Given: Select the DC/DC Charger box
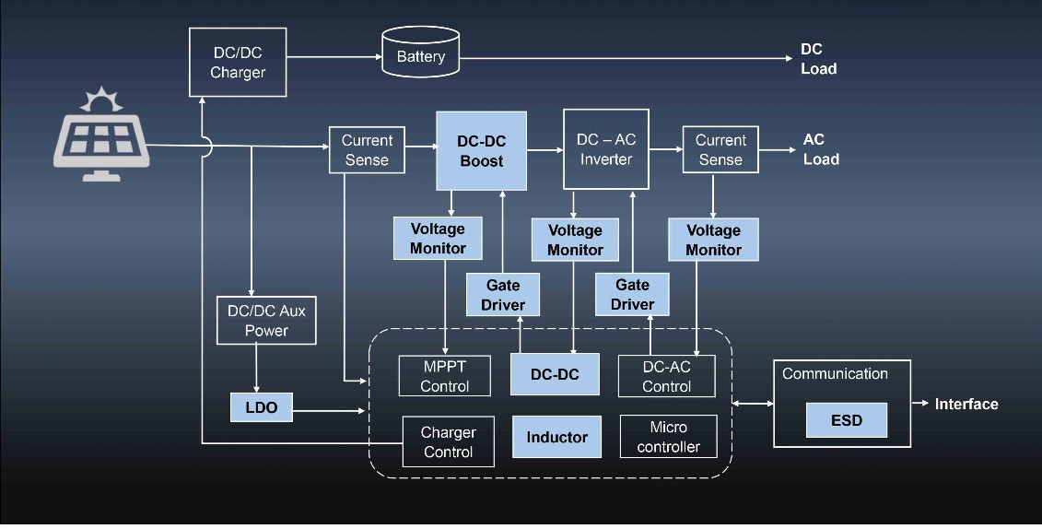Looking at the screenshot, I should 238,62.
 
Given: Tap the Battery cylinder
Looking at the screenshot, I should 420,57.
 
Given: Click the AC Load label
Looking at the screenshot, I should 820,149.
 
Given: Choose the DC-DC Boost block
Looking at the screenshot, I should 481,151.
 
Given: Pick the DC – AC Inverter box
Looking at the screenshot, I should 605,149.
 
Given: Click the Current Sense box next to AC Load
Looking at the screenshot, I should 720,149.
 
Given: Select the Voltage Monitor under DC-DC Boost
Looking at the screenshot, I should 438,238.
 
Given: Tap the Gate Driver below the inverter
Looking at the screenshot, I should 632,294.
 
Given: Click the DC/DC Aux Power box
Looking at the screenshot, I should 266,320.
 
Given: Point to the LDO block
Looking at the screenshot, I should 261,406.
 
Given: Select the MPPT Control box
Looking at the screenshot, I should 445,376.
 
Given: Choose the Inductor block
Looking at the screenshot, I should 556,437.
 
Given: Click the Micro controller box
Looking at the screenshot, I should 668,438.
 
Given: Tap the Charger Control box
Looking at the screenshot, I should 448,441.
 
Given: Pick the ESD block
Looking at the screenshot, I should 846,420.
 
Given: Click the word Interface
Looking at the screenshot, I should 966,404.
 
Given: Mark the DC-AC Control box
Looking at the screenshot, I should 666,376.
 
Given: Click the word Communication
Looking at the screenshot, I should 835,373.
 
